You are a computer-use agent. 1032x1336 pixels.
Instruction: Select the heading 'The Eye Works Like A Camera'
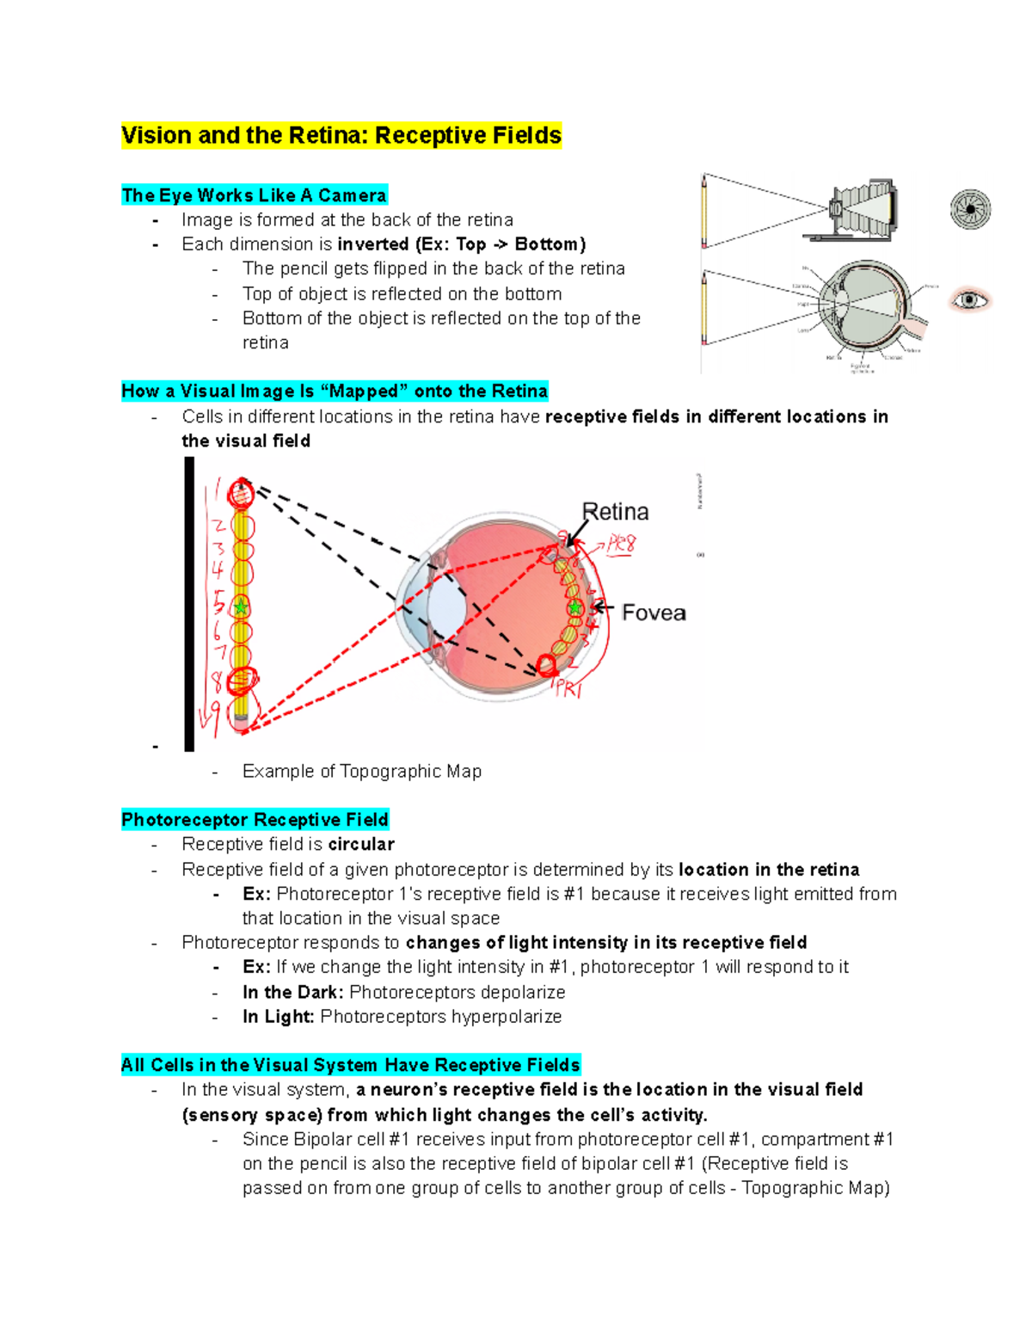[254, 195]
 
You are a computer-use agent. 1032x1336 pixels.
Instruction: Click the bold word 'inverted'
[372, 244]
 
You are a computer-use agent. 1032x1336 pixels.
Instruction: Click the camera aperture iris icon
[970, 209]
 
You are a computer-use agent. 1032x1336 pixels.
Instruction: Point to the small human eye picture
[970, 300]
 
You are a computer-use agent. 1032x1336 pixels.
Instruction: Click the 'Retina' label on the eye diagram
[616, 512]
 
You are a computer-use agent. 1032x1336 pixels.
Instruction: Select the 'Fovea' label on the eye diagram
[654, 613]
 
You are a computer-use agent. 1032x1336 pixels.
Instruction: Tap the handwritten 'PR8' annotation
[621, 545]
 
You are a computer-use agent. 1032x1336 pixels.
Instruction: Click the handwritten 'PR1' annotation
[568, 688]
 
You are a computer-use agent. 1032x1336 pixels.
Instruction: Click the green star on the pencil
[242, 607]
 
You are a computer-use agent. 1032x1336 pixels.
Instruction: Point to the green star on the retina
[574, 609]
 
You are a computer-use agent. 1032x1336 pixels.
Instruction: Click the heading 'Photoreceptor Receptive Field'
[255, 819]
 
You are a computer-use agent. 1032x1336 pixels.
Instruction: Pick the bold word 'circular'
[361, 844]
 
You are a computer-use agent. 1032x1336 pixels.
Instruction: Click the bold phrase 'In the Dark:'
[292, 992]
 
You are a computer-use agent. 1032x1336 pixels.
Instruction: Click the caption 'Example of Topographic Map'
[361, 771]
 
